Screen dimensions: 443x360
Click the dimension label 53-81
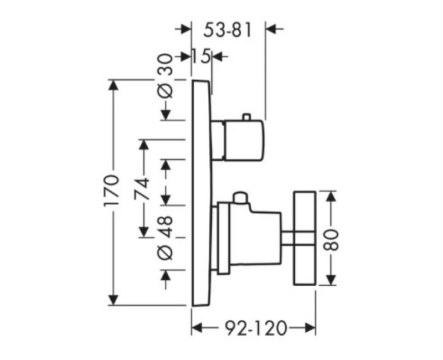pyautogui.click(x=228, y=30)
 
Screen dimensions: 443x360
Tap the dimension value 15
pyautogui.click(x=202, y=56)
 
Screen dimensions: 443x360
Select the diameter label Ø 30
pyautogui.click(x=165, y=76)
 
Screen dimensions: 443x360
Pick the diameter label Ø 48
pyautogui.click(x=165, y=238)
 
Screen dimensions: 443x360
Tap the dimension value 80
pyautogui.click(x=330, y=240)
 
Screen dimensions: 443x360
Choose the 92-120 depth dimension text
pyautogui.click(x=256, y=328)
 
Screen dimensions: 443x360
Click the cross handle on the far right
pyautogui.click(x=305, y=238)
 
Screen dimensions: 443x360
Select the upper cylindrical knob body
pyautogui.click(x=244, y=141)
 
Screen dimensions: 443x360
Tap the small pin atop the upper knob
pyautogui.click(x=246, y=117)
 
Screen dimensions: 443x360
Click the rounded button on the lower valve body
pyautogui.click(x=240, y=198)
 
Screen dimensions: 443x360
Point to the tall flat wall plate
pyautogui.click(x=202, y=193)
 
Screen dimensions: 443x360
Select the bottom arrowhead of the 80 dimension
pyautogui.click(x=330, y=279)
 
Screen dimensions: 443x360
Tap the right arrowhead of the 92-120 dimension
pyautogui.click(x=310, y=328)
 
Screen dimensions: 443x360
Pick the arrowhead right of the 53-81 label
pyautogui.click(x=271, y=29)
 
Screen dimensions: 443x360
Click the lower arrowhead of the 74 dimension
pyautogui.click(x=144, y=232)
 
